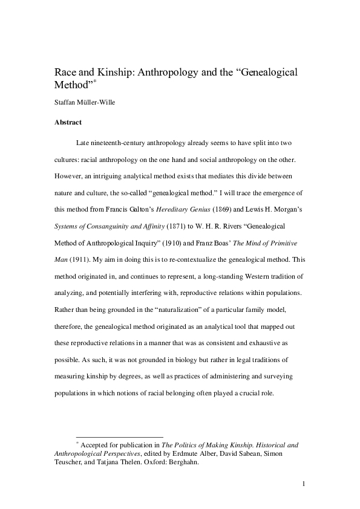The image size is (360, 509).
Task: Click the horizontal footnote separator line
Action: pyautogui.click(x=119, y=436)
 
